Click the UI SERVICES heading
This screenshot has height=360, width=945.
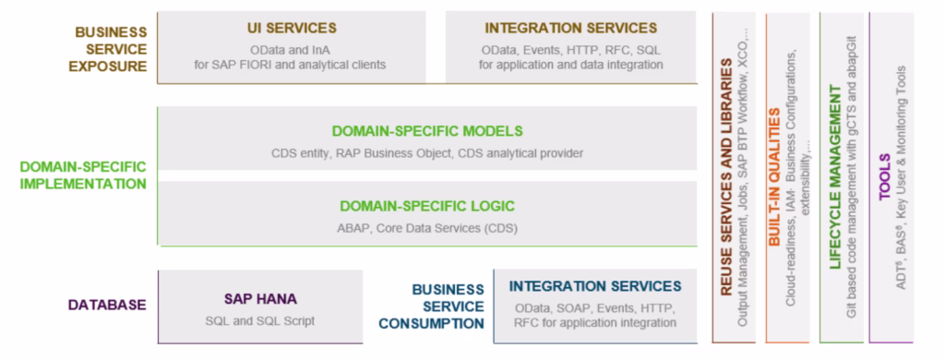tap(292, 29)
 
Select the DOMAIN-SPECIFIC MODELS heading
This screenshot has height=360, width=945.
tap(427, 131)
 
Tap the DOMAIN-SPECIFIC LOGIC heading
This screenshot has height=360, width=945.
tap(427, 206)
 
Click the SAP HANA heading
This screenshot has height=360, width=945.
tap(260, 299)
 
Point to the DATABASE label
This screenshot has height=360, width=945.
tap(107, 306)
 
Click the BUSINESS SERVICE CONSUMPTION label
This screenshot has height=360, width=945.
tap(432, 306)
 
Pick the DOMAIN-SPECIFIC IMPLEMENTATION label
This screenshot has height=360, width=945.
tap(83, 174)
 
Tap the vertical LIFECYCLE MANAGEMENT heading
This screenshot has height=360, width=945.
tap(834, 177)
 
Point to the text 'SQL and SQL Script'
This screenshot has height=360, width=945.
tap(259, 321)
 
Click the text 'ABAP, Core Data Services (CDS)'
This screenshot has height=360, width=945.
tap(427, 229)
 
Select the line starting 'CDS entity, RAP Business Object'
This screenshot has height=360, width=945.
tap(427, 154)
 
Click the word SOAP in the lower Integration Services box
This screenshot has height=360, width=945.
tap(568, 308)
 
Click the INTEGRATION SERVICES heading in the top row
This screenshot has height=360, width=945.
tap(570, 29)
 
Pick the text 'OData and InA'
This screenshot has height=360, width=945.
tap(292, 50)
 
